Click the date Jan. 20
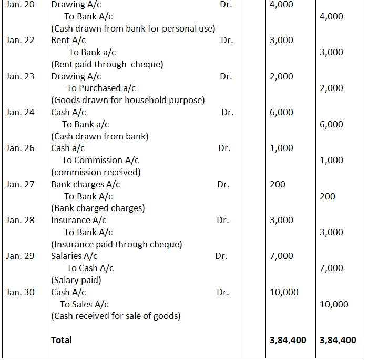click(21, 5)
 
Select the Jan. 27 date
click(21, 184)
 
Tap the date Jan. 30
click(21, 292)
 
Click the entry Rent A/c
click(68, 41)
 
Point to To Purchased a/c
click(101, 88)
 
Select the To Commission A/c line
click(100, 160)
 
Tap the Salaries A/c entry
click(74, 256)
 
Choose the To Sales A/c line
click(84, 304)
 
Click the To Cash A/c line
click(90, 268)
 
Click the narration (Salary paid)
click(76, 280)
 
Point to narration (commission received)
click(96, 172)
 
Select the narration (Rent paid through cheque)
click(107, 64)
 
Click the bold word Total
click(62, 340)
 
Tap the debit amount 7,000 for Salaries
click(281, 256)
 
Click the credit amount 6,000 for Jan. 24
click(331, 124)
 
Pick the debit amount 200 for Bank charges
click(277, 184)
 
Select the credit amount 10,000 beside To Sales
click(334, 304)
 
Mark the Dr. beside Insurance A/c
click(223, 220)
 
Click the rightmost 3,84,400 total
click(338, 340)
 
